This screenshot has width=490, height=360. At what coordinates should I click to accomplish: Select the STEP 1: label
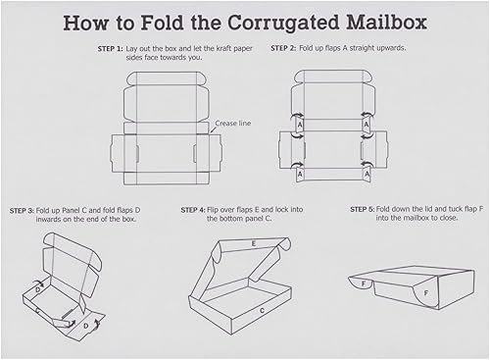pyautogui.click(x=111, y=47)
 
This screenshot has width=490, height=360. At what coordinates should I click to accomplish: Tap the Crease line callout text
pyautogui.click(x=231, y=125)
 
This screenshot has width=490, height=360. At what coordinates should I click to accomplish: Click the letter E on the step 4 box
pyautogui.click(x=253, y=242)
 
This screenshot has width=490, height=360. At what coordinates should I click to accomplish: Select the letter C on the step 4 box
pyautogui.click(x=262, y=310)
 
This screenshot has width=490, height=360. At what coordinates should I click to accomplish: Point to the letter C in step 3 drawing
pyautogui.click(x=37, y=310)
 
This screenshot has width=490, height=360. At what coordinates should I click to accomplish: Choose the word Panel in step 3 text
pyautogui.click(x=89, y=210)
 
